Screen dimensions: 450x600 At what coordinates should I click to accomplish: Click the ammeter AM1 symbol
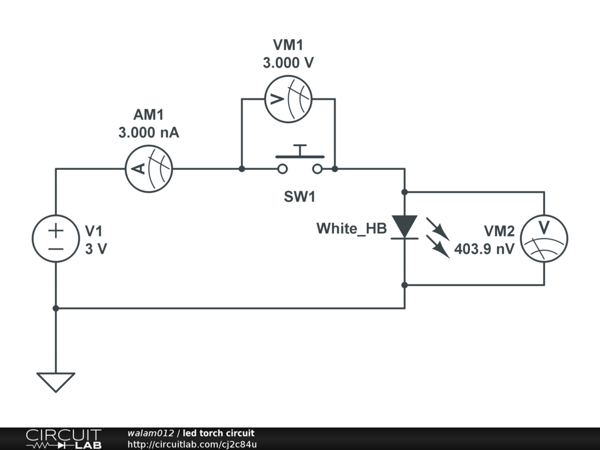pyautogui.click(x=149, y=169)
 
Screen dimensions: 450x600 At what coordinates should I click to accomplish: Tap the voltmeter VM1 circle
pyautogui.click(x=287, y=99)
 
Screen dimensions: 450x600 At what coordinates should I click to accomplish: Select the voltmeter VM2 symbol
pyautogui.click(x=544, y=238)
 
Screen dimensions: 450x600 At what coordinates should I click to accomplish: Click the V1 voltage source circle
pyautogui.click(x=56, y=238)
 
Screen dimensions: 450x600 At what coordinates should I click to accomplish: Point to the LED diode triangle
pyautogui.click(x=404, y=226)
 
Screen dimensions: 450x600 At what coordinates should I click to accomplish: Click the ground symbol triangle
pyautogui.click(x=56, y=381)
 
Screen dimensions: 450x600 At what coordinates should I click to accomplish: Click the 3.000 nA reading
pyautogui.click(x=149, y=133)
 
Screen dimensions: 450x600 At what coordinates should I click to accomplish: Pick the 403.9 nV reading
pyautogui.click(x=485, y=249)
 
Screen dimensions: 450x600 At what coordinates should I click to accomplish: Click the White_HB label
pyautogui.click(x=352, y=229)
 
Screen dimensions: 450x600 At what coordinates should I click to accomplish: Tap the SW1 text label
pyautogui.click(x=299, y=197)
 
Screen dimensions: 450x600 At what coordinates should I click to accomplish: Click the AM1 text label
pyautogui.click(x=149, y=115)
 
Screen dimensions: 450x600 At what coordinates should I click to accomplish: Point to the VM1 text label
pyautogui.click(x=288, y=45)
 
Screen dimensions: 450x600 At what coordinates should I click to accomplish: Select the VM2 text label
pyautogui.click(x=499, y=231)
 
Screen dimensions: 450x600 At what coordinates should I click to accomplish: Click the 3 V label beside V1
pyautogui.click(x=96, y=248)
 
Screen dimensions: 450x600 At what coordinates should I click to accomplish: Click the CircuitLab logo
pyautogui.click(x=63, y=439)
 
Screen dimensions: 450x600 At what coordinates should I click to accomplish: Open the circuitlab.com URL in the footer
pyautogui.click(x=192, y=445)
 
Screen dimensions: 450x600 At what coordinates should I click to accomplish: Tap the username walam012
pyautogui.click(x=151, y=433)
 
